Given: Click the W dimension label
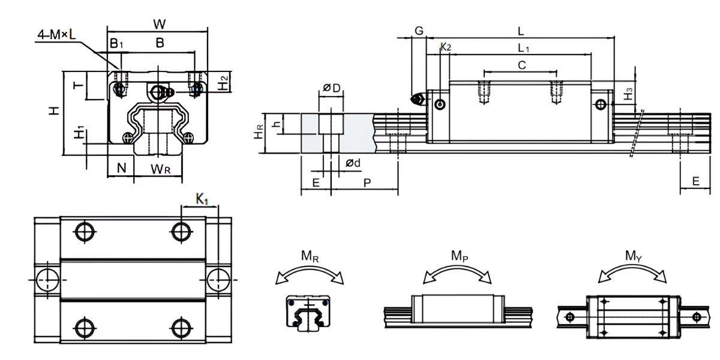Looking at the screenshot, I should [159, 24].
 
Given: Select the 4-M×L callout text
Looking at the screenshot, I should [57, 35].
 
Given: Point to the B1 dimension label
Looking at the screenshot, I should [116, 43].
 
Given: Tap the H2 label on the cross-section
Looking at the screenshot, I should [223, 83].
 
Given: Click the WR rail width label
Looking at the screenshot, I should [160, 169].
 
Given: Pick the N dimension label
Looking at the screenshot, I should [122, 169].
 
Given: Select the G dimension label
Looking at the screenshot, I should [419, 31].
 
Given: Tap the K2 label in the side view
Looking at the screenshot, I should [446, 47].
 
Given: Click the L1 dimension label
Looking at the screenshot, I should [524, 47].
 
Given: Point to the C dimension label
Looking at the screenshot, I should [521, 65].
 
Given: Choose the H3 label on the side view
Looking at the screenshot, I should [628, 94].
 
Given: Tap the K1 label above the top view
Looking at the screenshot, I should [202, 199].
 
